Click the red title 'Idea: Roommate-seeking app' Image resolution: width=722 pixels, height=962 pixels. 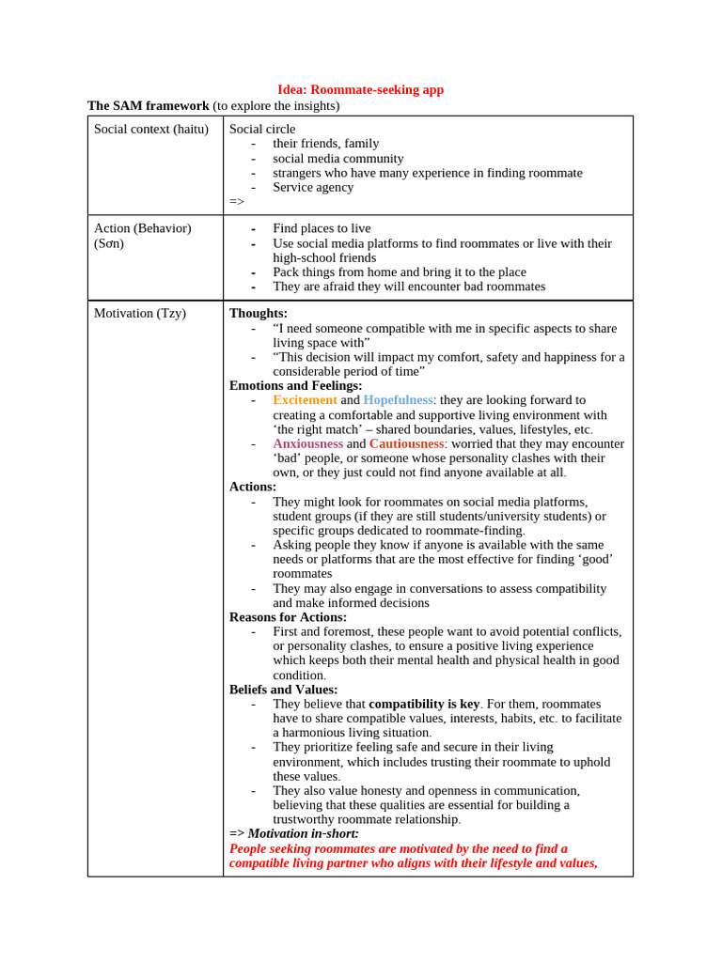point(360,89)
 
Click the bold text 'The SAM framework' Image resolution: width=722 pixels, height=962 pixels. point(148,105)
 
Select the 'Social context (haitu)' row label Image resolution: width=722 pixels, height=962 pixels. point(150,129)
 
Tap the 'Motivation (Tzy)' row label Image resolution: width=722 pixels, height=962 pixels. point(139,313)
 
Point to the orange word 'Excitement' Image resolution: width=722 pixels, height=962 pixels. point(305,399)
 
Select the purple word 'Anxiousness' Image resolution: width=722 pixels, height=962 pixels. point(307,443)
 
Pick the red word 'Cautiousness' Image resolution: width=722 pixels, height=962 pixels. point(405,443)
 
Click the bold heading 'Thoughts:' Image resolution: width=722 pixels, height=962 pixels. point(259,313)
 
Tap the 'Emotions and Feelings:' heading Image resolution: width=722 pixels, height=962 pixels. point(295,385)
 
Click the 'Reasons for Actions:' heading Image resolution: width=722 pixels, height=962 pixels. point(288,617)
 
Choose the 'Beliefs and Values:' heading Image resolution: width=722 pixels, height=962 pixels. point(283,690)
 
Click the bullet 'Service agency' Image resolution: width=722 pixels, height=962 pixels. point(313,187)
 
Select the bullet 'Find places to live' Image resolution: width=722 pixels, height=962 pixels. point(322,228)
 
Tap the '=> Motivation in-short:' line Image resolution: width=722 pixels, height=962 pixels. point(294,833)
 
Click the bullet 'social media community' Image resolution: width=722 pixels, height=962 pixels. point(337,158)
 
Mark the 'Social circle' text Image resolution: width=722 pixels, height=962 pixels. point(262,129)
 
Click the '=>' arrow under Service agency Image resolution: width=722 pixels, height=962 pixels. point(237,201)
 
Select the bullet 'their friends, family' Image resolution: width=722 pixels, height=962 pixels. point(325,143)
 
